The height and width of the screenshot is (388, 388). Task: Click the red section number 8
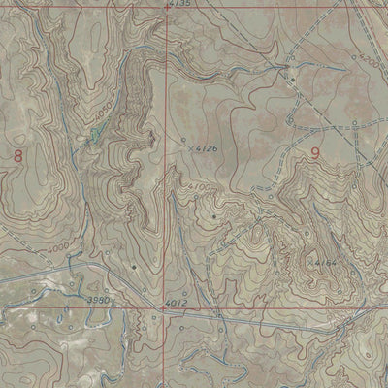[16, 155]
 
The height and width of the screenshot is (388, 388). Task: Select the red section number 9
[316, 152]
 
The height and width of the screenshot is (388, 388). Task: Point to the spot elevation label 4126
[206, 148]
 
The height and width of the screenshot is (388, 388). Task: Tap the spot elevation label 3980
[98, 302]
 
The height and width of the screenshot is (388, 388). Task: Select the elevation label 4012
[177, 305]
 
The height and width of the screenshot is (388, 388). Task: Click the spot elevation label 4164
[322, 263]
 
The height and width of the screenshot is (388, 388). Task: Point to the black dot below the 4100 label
[212, 215]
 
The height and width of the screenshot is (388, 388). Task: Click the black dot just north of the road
[133, 265]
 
